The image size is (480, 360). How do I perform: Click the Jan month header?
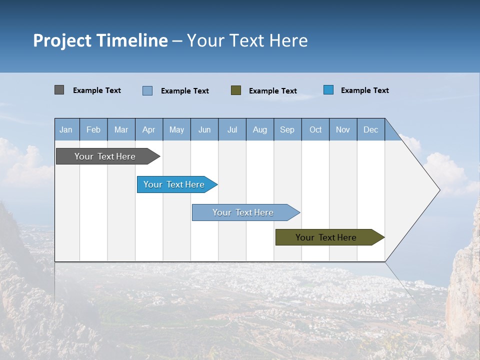click(x=66, y=129)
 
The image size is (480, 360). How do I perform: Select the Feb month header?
click(x=93, y=129)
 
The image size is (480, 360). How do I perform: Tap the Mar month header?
click(x=121, y=129)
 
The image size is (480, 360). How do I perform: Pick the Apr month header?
click(x=149, y=129)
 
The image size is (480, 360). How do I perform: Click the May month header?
click(x=176, y=129)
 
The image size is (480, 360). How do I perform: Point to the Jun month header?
click(x=204, y=129)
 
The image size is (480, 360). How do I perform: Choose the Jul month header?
click(x=232, y=129)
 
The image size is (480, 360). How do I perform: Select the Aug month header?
click(x=260, y=129)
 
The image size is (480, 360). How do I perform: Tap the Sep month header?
click(x=287, y=129)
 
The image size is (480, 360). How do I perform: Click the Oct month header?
click(x=315, y=129)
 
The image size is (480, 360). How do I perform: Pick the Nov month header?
click(x=343, y=129)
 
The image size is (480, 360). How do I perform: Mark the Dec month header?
click(x=371, y=129)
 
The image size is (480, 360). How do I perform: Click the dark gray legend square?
click(x=59, y=90)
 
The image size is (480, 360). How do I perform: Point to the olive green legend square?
click(x=236, y=90)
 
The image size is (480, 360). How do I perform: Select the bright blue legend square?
click(x=328, y=90)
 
